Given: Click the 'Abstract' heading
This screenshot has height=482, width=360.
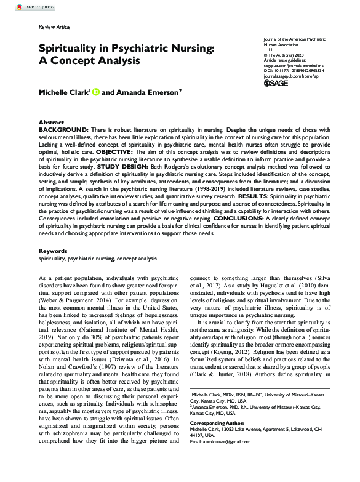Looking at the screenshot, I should point(51,123).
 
